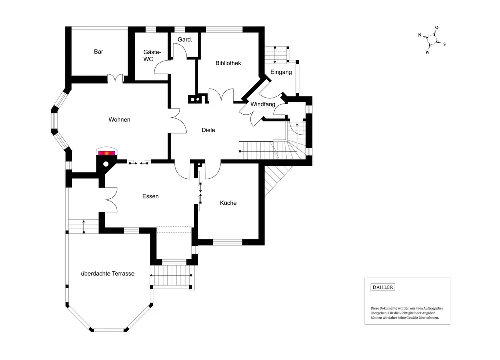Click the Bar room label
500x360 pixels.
point(98,51)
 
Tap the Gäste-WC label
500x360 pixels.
point(148,55)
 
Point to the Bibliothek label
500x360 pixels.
point(228,63)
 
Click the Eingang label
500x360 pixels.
point(281,72)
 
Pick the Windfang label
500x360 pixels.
point(263,104)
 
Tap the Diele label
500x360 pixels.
point(208,130)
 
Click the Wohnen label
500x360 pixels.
point(119,120)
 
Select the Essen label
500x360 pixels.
point(150,196)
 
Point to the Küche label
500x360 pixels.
point(228,203)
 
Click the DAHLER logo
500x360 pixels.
point(383,287)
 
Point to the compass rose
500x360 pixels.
point(432,39)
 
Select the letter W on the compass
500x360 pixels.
point(427,52)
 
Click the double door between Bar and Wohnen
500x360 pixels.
point(116,78)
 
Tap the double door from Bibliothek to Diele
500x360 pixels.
point(221,95)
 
